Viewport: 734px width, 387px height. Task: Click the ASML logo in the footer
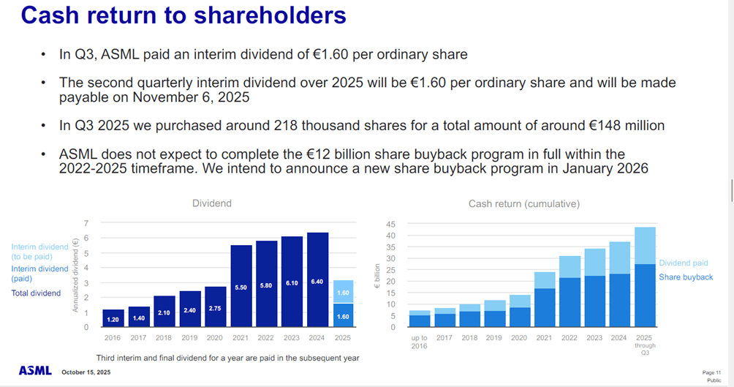coord(35,371)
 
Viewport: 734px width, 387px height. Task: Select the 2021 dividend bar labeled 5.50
coord(241,286)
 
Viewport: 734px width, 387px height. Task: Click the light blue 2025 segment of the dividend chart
coord(343,291)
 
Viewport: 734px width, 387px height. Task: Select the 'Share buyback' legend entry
coord(685,277)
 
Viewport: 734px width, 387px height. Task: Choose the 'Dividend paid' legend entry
coord(683,263)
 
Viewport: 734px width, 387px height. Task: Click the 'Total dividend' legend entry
coord(37,293)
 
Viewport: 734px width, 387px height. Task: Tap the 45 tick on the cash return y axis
coord(391,224)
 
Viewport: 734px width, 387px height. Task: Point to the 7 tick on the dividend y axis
coord(86,223)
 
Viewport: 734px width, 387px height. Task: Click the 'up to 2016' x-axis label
coord(420,342)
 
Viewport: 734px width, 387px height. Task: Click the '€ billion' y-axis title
coord(378,277)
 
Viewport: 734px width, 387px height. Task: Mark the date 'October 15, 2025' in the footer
coord(86,372)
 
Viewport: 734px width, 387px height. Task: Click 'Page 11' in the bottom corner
coord(711,372)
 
